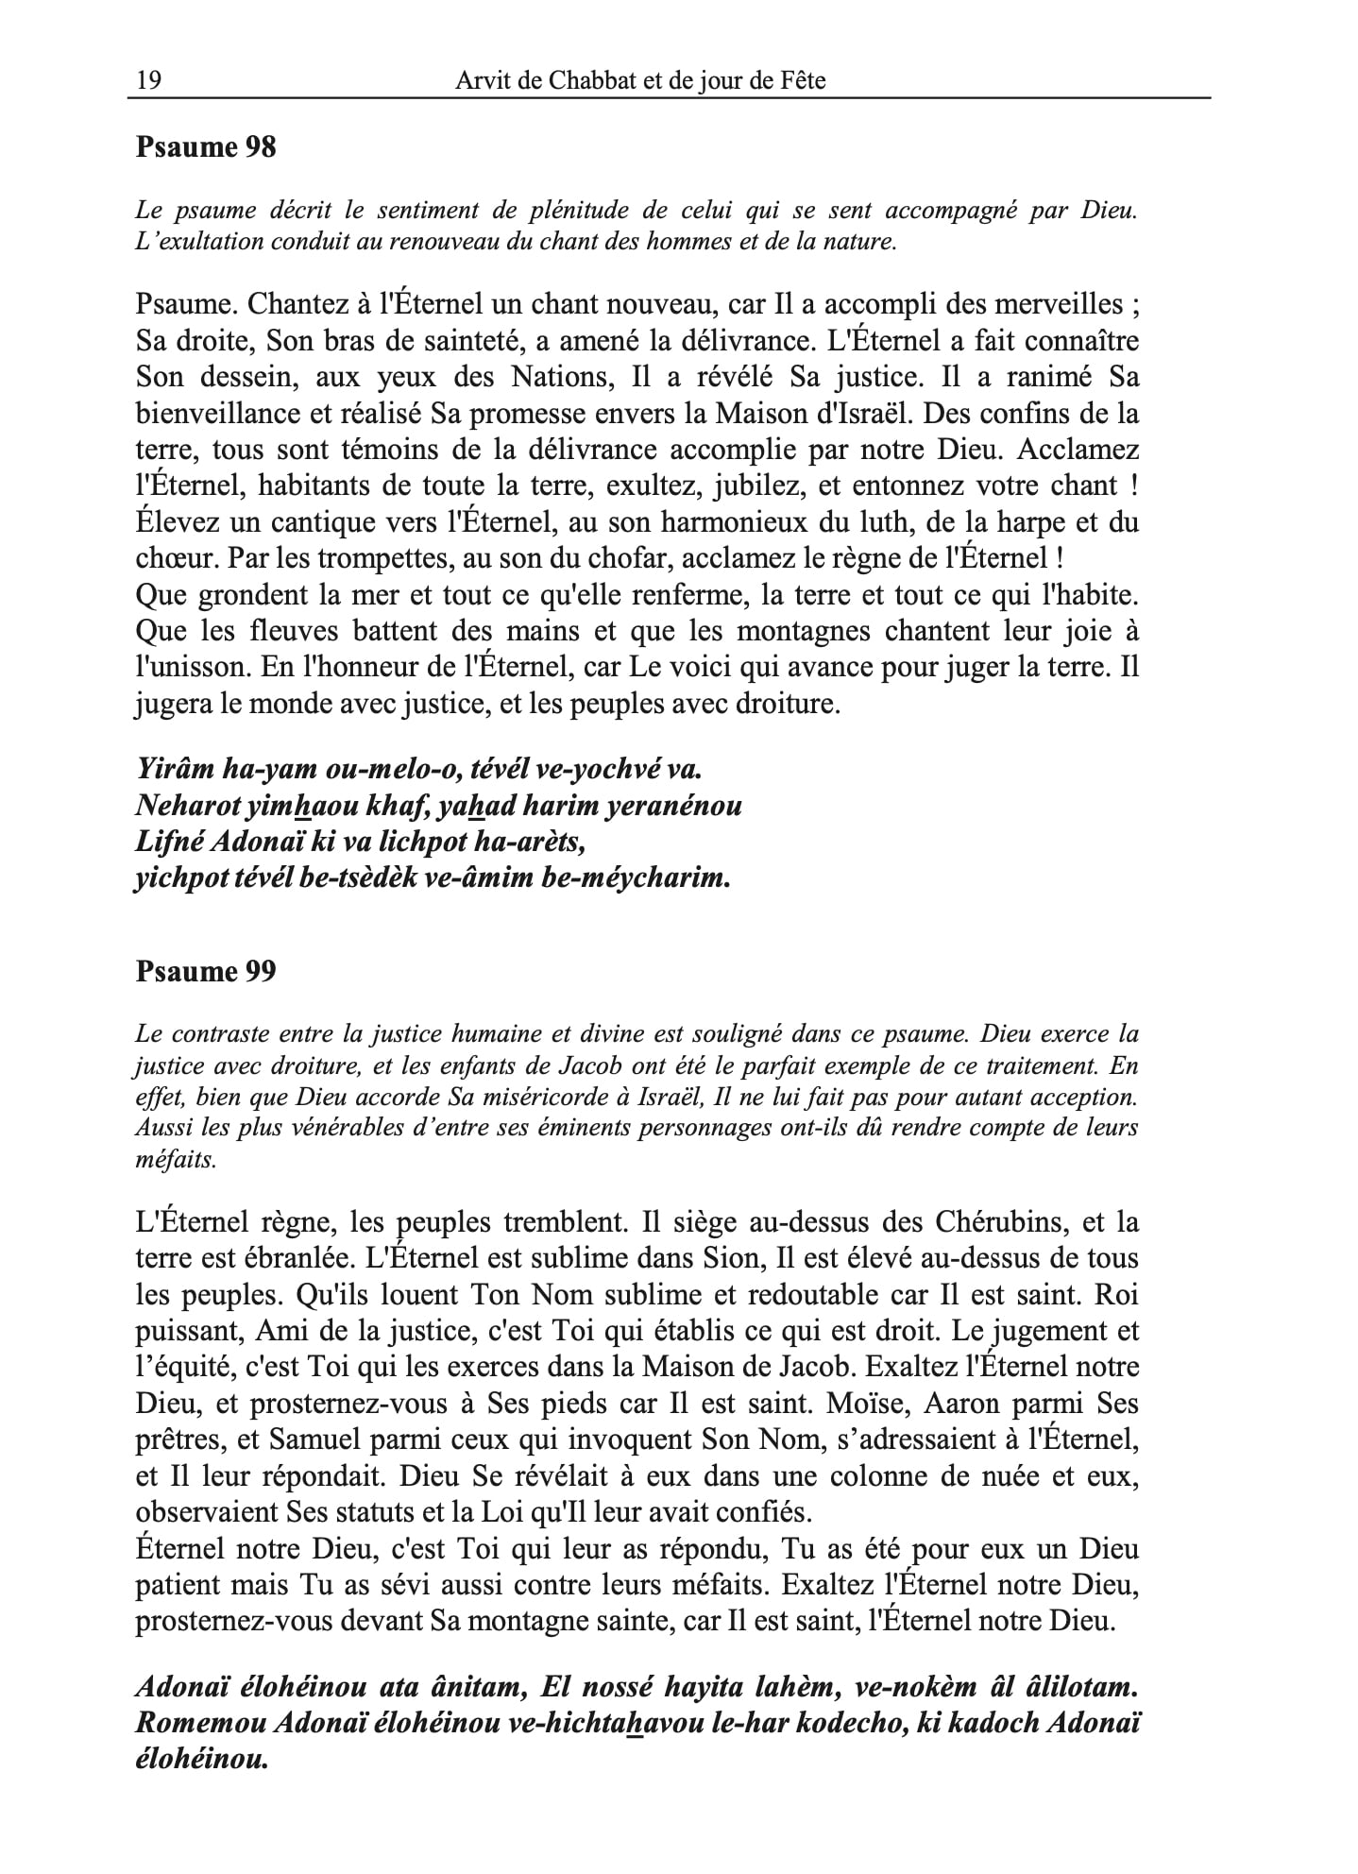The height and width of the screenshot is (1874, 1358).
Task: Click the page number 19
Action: [x=148, y=81]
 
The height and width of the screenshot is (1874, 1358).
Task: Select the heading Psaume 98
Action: [x=206, y=147]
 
